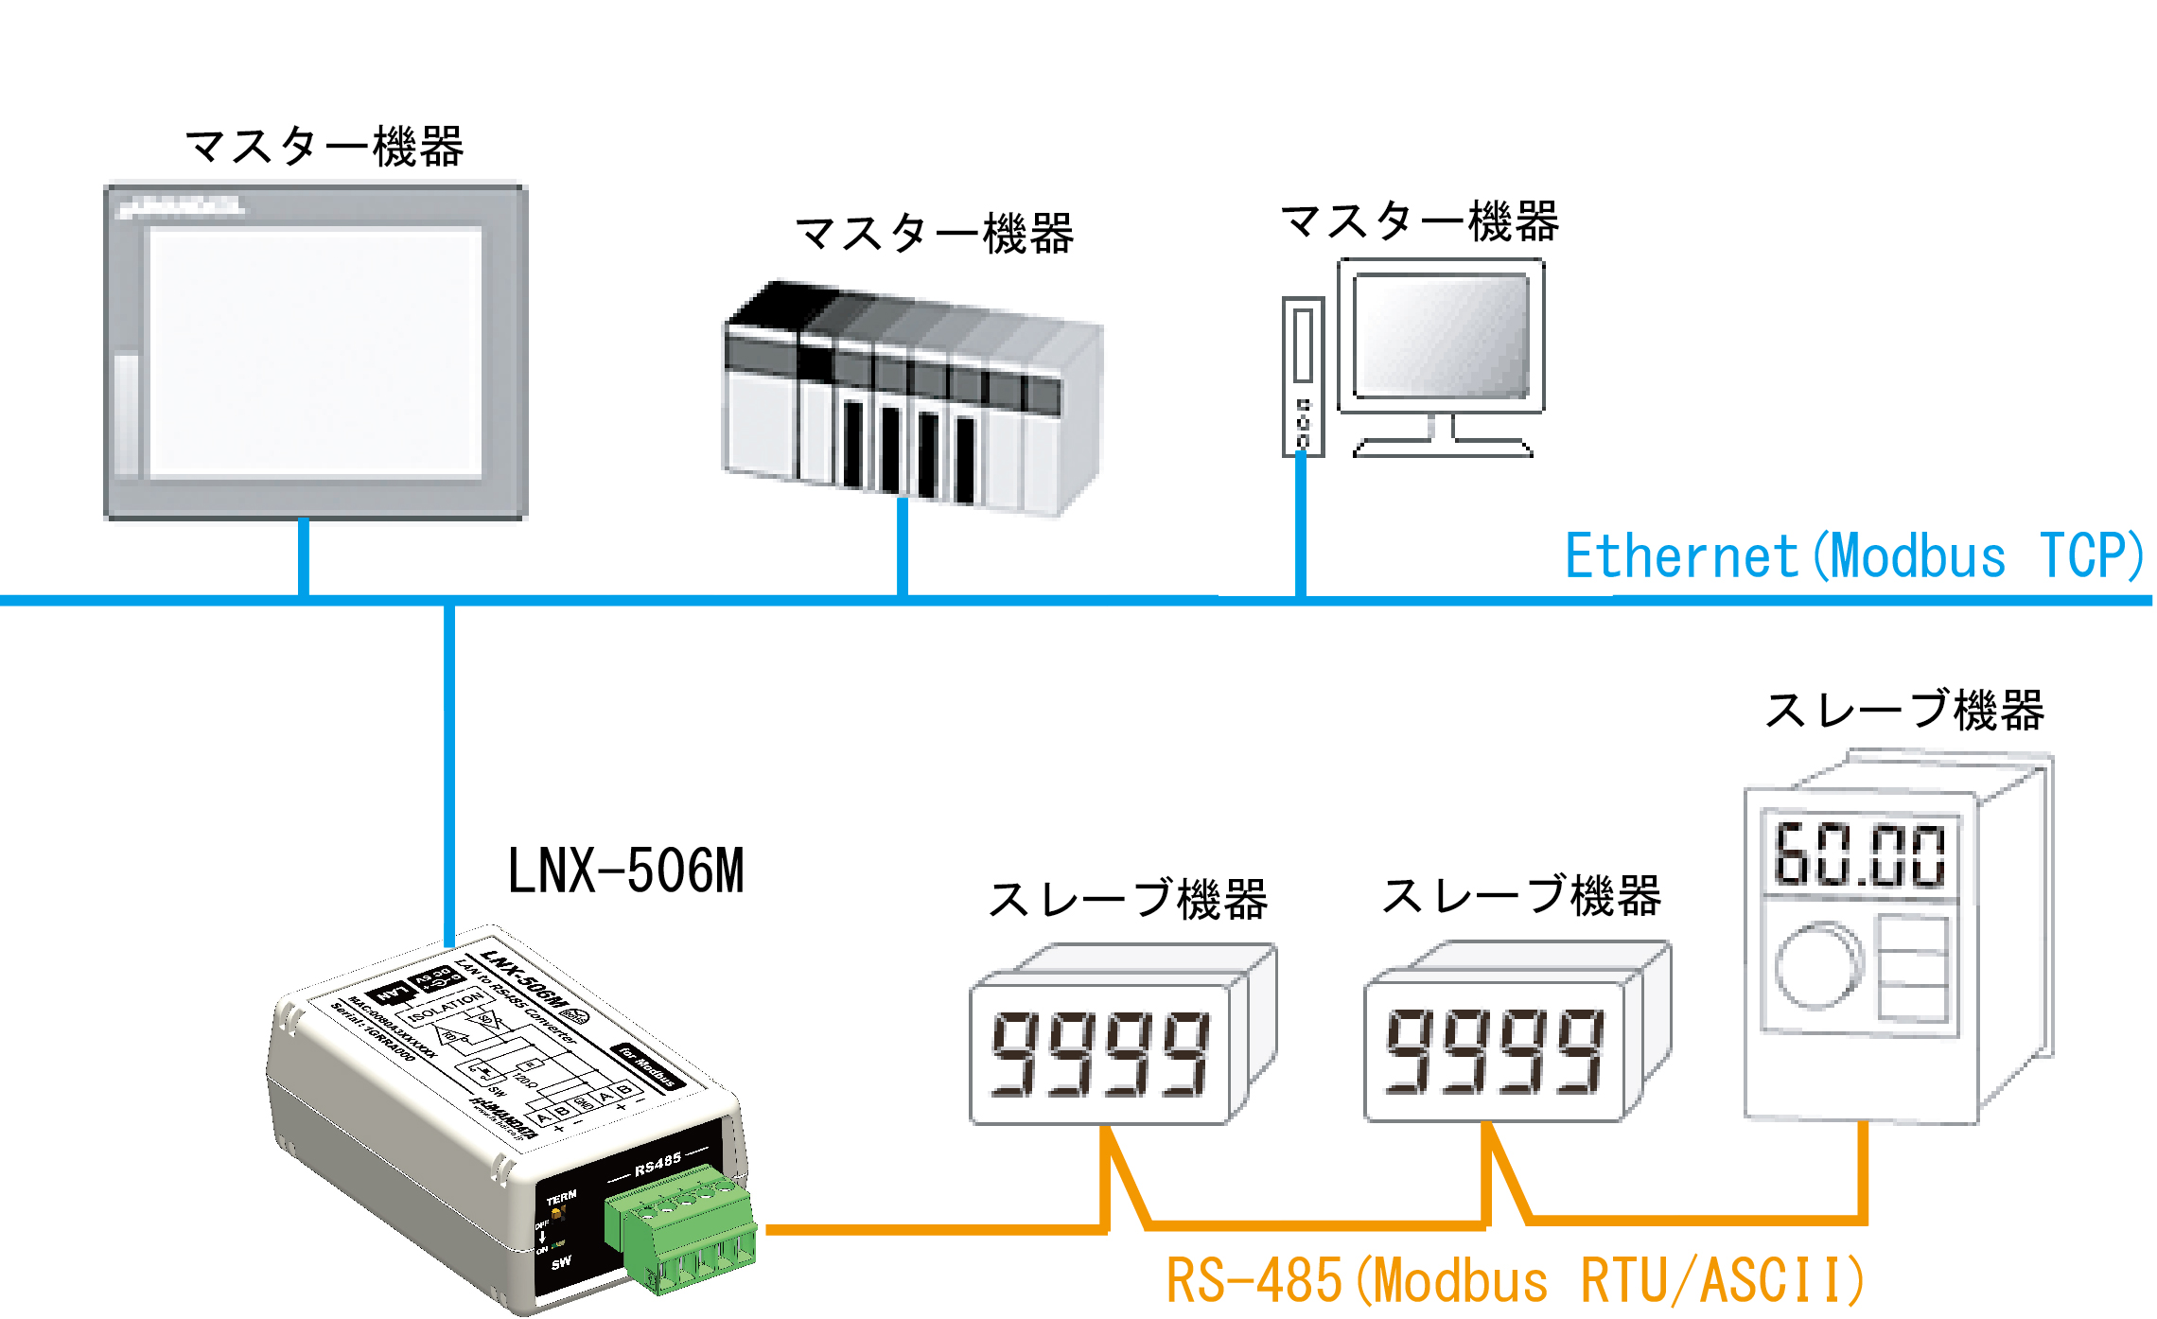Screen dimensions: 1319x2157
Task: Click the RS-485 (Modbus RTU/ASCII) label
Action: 1514,1281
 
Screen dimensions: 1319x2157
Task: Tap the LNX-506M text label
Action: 625,871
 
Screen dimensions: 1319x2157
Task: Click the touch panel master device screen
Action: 315,352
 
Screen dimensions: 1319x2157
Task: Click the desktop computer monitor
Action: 1441,337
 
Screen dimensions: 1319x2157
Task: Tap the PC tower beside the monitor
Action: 1303,377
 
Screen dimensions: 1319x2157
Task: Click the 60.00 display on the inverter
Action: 1859,855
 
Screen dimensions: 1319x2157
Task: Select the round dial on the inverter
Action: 1817,965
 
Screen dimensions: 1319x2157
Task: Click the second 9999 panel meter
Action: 1495,1050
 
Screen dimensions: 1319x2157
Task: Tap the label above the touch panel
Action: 324,147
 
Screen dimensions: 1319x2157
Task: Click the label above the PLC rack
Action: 934,234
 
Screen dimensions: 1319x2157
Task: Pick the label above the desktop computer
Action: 1418,221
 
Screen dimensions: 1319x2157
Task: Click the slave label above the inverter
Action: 1903,710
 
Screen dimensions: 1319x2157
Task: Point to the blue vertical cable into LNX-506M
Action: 449,776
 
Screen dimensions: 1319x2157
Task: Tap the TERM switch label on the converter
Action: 561,1199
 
